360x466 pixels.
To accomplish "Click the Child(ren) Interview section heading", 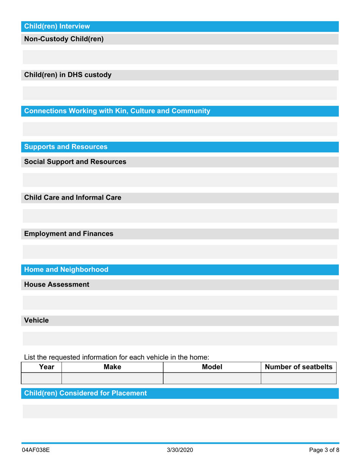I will coord(57,26).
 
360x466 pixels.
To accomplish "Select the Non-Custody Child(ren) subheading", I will coord(64,39).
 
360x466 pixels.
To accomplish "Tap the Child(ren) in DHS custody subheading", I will coord(68,75).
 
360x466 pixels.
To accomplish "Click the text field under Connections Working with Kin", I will coord(180,129).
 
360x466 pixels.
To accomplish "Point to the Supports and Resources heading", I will coord(66,147).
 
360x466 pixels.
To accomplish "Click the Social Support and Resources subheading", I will coord(75,162).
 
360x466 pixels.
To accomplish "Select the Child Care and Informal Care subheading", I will coord(73,197).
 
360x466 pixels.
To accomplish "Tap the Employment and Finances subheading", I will coord(69,234).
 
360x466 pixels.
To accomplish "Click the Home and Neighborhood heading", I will coord(66,269).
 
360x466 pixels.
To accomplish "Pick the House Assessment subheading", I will coord(57,284).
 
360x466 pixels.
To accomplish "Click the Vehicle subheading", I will coord(36,320).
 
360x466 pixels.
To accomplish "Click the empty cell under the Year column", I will coord(42,378).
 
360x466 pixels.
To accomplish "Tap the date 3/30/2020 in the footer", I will coord(180,450).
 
